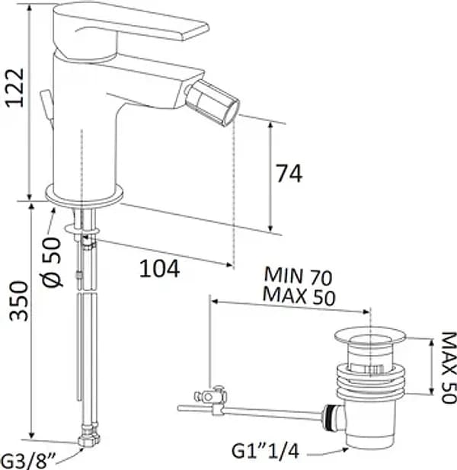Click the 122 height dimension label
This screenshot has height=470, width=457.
[x=15, y=88]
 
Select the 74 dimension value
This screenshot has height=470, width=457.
[x=289, y=173]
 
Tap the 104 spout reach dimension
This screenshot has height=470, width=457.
[x=159, y=269]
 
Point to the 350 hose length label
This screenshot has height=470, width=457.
[x=18, y=301]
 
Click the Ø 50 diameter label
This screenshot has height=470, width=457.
[x=52, y=262]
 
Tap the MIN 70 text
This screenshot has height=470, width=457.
[x=298, y=276]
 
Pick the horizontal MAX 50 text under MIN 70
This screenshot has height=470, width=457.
[x=299, y=296]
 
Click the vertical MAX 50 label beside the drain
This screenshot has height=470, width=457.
[x=448, y=368]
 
